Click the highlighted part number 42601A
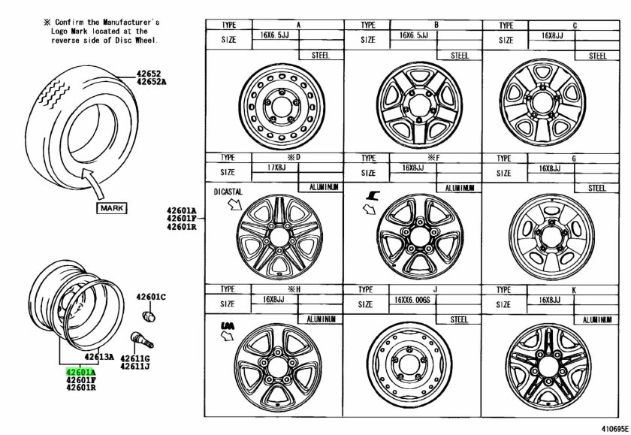point(79,371)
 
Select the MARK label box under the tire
point(110,208)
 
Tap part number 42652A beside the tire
point(154,82)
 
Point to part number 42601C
point(151,297)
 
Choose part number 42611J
point(136,366)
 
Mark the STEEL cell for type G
point(597,188)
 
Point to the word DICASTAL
point(229,192)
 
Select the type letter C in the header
point(575,25)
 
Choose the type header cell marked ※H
point(297,288)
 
